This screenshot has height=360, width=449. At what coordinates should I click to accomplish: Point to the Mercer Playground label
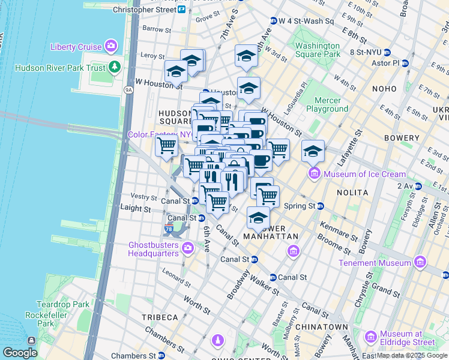click(327, 104)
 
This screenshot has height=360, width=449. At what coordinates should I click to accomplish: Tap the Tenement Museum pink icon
click(420, 263)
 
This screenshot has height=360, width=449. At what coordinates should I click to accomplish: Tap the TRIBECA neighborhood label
click(160, 317)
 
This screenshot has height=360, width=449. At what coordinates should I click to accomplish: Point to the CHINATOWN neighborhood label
click(325, 327)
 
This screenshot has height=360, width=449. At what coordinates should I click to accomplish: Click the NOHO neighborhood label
click(384, 89)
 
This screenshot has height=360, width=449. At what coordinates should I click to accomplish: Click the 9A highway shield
click(128, 90)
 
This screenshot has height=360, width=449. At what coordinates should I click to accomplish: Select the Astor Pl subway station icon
click(405, 63)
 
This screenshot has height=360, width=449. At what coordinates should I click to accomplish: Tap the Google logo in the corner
click(20, 353)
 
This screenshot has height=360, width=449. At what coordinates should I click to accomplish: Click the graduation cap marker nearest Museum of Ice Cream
click(313, 151)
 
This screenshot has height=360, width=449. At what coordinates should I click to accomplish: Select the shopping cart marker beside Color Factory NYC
click(166, 145)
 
